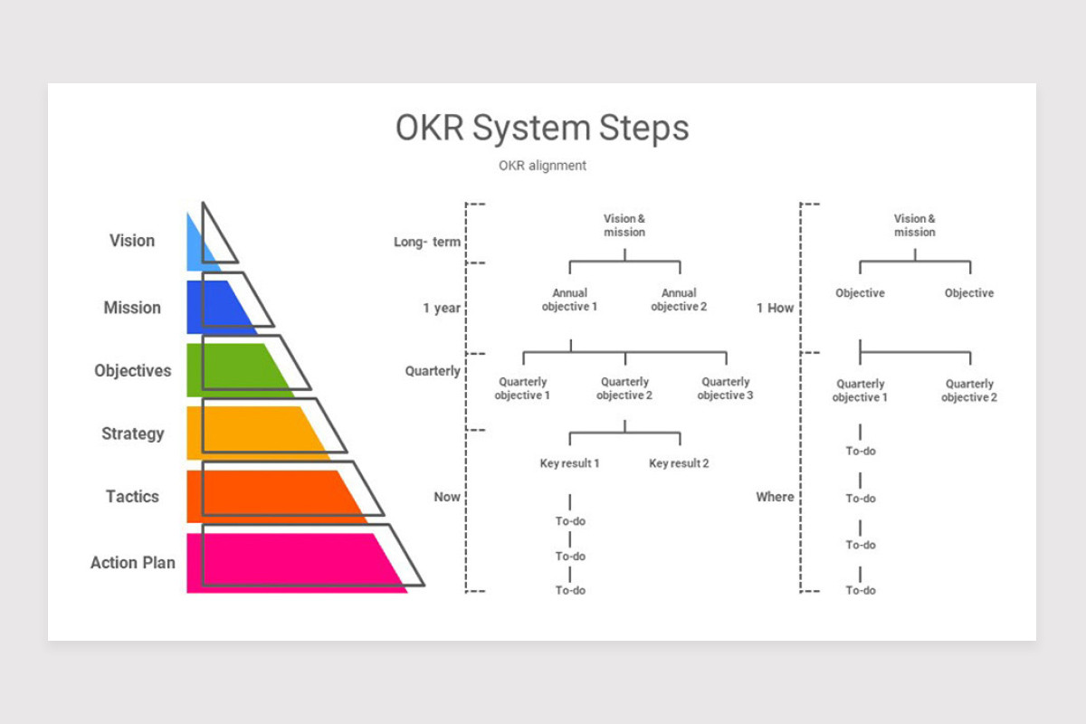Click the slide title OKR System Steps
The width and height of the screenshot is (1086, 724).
[x=542, y=129]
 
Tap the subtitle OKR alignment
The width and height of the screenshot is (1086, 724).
[x=542, y=166]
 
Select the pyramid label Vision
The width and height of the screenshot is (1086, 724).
[x=132, y=241]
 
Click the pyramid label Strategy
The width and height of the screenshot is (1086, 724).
[x=133, y=433]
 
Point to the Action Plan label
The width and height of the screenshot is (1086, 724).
[x=133, y=563]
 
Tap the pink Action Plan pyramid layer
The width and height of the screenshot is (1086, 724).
[x=291, y=563]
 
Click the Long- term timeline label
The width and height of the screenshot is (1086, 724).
[x=427, y=242]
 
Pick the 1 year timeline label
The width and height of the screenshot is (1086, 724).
[x=442, y=308]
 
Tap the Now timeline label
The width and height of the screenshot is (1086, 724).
[x=447, y=497]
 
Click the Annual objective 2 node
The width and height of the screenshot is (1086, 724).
[x=679, y=300]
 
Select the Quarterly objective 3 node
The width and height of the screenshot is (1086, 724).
[x=725, y=388]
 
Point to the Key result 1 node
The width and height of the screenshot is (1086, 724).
[x=569, y=463]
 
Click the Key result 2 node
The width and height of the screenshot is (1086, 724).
[x=679, y=463]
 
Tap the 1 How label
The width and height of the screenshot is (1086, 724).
[x=776, y=308]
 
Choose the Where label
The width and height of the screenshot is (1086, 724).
[x=775, y=497]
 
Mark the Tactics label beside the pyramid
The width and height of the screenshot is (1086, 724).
[x=132, y=497]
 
